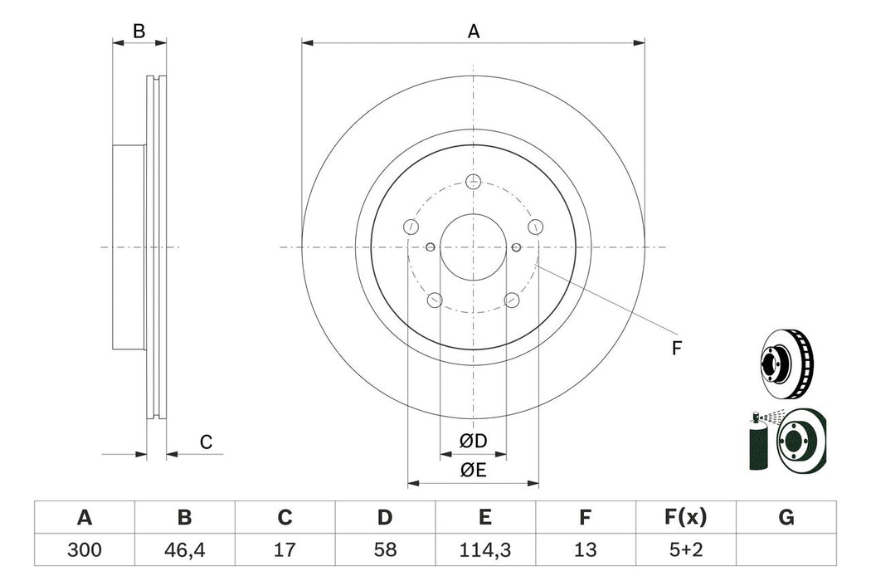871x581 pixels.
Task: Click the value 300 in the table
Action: [x=84, y=549]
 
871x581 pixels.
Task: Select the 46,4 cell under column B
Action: [x=184, y=549]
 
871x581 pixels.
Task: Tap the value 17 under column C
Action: [x=285, y=549]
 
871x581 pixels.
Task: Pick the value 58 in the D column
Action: [x=385, y=549]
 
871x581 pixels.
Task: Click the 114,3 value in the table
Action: [x=485, y=549]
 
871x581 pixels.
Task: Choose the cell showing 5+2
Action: [x=686, y=549]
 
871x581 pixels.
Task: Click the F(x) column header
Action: [x=686, y=519]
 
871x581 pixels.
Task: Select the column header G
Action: [x=786, y=519]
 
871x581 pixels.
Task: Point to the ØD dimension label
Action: [x=474, y=440]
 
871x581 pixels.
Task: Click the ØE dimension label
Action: [x=474, y=470]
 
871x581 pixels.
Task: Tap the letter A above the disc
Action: [x=474, y=32]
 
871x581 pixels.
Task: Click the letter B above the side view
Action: [x=139, y=32]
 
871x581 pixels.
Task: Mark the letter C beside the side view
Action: [x=207, y=442]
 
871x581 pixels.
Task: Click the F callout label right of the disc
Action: [x=676, y=349]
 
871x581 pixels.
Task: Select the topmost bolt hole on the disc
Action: [x=473, y=182]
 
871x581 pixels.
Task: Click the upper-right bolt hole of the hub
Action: [x=535, y=227]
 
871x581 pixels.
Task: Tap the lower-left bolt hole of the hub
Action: [x=434, y=300]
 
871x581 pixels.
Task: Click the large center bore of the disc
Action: [x=473, y=247]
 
